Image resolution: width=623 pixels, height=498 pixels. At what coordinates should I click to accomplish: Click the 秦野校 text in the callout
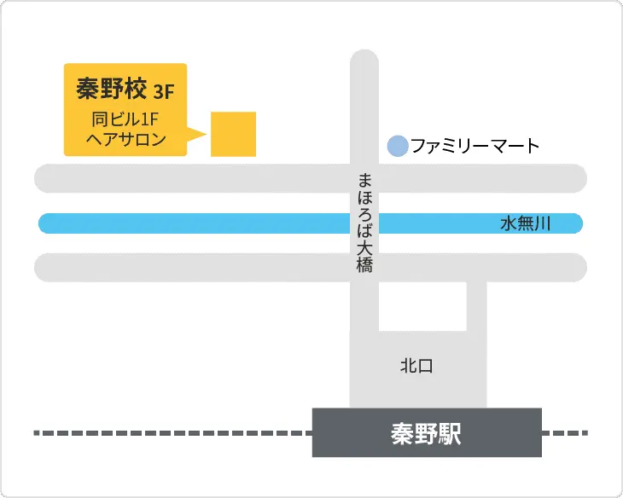click(x=110, y=87)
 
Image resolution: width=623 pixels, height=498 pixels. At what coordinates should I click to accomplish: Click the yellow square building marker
click(x=233, y=134)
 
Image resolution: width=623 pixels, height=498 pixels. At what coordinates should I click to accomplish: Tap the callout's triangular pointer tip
click(x=206, y=134)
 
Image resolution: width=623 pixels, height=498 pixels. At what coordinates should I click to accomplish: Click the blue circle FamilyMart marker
click(x=397, y=146)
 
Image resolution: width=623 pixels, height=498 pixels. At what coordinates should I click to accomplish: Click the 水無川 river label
click(x=526, y=224)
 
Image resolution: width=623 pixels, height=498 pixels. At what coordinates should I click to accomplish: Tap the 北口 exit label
click(x=417, y=367)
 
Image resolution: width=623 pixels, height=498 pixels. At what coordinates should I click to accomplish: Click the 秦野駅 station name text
click(x=426, y=433)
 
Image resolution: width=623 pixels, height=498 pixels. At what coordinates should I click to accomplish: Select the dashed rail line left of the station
click(x=171, y=433)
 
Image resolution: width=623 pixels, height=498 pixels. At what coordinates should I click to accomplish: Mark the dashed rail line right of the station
click(x=565, y=433)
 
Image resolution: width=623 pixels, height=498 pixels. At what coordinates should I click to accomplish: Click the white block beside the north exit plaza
click(x=422, y=305)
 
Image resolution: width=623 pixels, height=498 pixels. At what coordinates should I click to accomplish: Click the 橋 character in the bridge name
click(x=365, y=265)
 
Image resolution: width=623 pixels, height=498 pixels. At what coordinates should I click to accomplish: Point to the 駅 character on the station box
click(x=450, y=433)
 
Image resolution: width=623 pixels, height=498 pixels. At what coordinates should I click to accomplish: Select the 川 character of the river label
click(x=543, y=224)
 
